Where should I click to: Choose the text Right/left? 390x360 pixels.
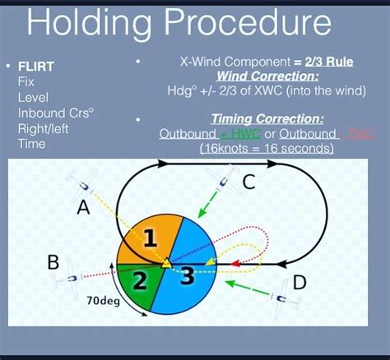click(45, 129)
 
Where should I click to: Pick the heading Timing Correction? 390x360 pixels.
click(267, 118)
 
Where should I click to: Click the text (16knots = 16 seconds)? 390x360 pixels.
click(267, 149)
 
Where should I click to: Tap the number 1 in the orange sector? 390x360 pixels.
click(149, 239)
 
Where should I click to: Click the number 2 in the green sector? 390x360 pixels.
click(139, 282)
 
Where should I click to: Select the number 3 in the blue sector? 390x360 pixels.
click(187, 276)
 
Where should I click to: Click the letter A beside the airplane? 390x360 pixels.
click(83, 209)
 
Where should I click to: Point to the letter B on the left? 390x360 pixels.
click(53, 262)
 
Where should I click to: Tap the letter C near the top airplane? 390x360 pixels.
click(248, 182)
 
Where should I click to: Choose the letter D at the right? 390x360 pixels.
click(299, 283)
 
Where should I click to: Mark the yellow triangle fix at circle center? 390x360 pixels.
click(166, 263)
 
